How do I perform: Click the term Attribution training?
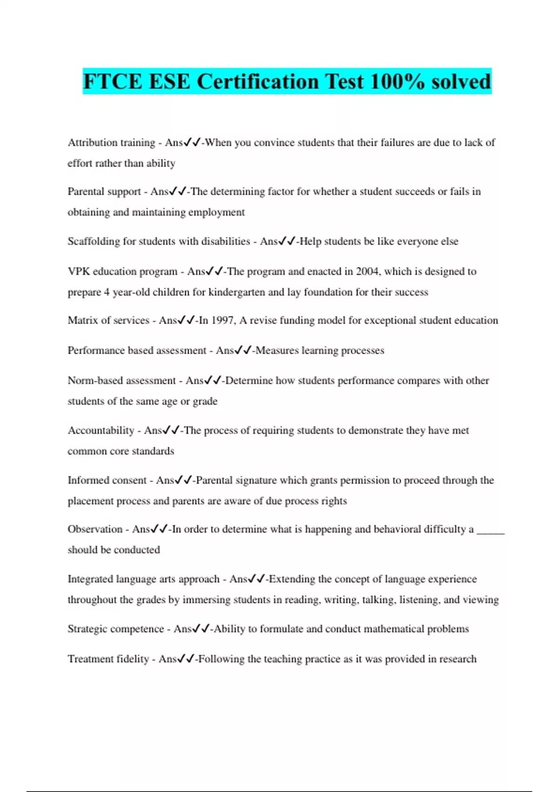click(111, 143)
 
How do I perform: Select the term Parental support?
click(104, 191)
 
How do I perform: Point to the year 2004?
click(367, 271)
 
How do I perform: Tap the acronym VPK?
click(79, 271)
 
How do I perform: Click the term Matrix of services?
click(109, 321)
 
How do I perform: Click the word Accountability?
click(101, 430)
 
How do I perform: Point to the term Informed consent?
click(107, 480)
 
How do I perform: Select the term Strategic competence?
click(116, 629)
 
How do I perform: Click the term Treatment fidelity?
click(109, 659)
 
